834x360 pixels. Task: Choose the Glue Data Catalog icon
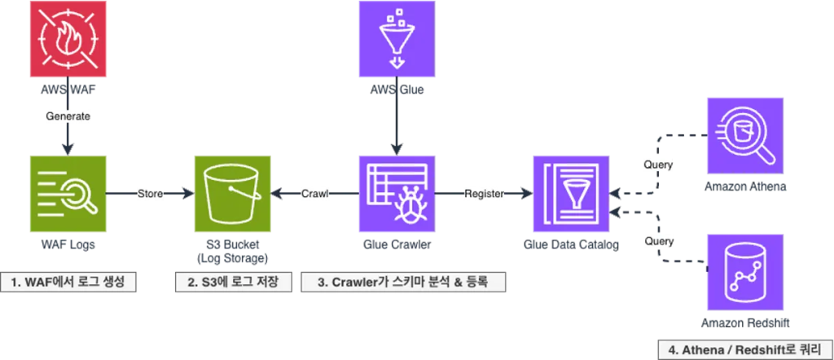(571, 194)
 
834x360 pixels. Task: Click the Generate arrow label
(68, 116)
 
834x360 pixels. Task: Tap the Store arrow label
(151, 194)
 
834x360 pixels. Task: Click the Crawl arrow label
(314, 194)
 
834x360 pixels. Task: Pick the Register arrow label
(484, 194)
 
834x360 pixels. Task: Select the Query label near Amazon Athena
(658, 165)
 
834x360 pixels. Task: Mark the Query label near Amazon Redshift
(658, 241)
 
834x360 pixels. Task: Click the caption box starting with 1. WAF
(68, 283)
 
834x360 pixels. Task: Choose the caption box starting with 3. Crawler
(403, 283)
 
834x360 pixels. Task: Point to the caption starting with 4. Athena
(745, 350)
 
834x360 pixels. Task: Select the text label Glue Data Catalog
(571, 245)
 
